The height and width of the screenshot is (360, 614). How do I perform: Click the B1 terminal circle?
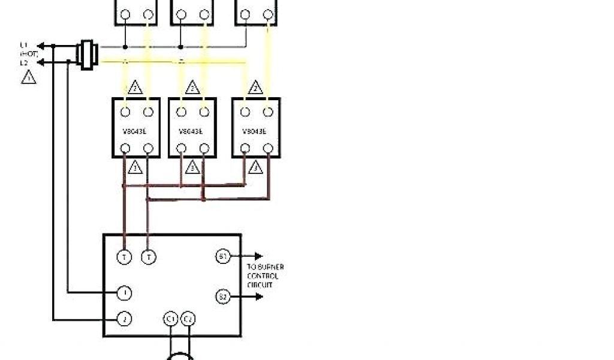click(222, 257)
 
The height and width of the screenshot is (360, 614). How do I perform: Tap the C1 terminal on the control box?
click(170, 318)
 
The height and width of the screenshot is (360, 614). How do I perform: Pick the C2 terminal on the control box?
click(188, 318)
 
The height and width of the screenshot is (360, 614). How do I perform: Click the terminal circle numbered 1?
click(124, 293)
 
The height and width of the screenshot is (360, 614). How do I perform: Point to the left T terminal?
click(124, 257)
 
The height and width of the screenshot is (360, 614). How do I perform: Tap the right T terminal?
click(148, 257)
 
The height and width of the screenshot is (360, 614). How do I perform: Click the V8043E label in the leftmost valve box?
click(136, 130)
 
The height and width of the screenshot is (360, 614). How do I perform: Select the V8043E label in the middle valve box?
click(192, 130)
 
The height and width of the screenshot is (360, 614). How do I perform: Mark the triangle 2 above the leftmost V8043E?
click(136, 88)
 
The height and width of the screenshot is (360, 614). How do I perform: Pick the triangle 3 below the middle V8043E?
click(192, 167)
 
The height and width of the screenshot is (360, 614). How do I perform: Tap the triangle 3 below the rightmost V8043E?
click(256, 167)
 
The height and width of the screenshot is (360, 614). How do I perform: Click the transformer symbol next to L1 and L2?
click(88, 54)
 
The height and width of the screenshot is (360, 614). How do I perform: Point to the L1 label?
click(24, 45)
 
